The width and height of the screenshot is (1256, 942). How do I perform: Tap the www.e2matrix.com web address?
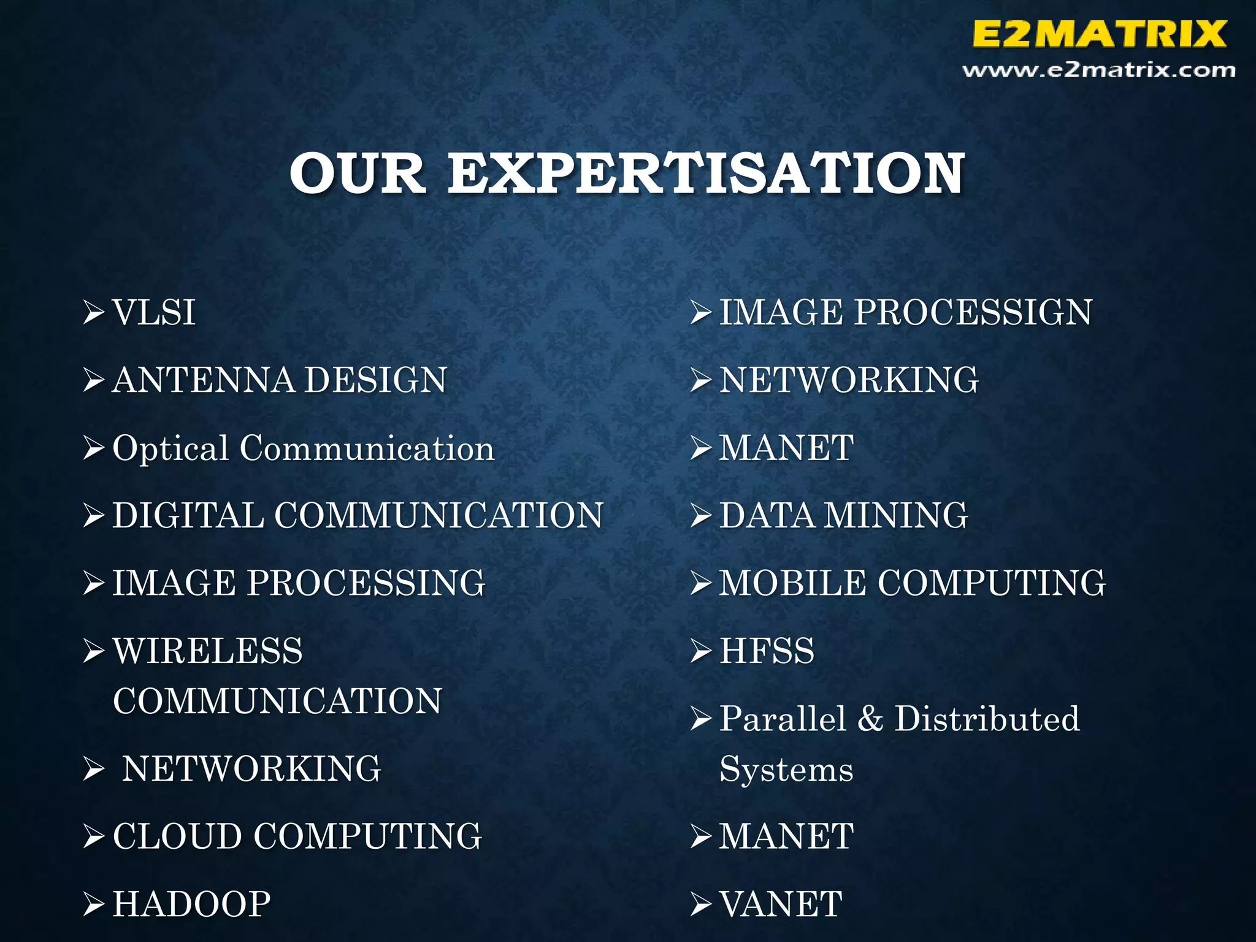coord(1098,71)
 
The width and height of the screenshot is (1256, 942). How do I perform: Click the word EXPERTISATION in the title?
coord(706,174)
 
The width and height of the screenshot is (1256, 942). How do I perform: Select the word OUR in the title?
coord(358,174)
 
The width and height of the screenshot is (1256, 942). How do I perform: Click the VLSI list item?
coord(154,313)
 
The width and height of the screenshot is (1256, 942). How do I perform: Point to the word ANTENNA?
coord(204,380)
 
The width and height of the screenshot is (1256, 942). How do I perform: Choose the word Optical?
coord(170,449)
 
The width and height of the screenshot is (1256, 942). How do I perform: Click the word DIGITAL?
coord(188,516)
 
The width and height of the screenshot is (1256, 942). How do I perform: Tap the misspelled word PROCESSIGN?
coord(973,313)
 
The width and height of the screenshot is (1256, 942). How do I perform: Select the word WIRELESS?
coord(208,651)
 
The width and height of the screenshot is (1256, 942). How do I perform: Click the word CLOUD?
coord(178,837)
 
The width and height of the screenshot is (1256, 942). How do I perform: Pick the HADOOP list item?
coord(191,905)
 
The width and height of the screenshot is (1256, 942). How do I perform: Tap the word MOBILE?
coord(793,583)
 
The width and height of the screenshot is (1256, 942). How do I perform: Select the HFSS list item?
coord(767,651)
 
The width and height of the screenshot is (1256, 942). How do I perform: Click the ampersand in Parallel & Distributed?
coord(870,719)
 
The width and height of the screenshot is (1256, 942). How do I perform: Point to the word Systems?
coord(786,770)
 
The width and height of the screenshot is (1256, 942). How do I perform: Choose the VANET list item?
coord(781,905)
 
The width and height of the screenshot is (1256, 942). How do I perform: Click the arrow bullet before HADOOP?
coord(94,905)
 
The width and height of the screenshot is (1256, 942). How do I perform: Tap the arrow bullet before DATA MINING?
coord(701,516)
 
